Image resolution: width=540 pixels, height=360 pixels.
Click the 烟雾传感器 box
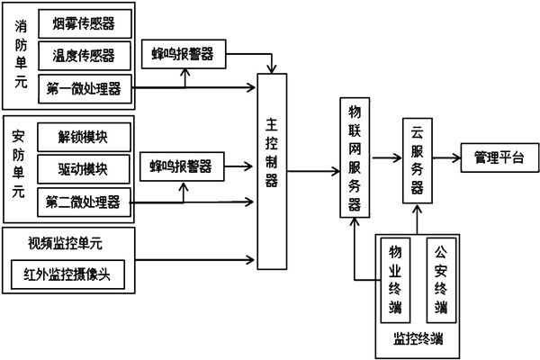[85, 21]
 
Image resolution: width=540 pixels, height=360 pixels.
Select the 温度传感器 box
[85, 55]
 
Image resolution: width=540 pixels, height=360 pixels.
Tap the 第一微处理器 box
[85, 87]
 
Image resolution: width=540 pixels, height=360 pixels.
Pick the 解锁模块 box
[85, 138]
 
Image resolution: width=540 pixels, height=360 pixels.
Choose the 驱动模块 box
[85, 167]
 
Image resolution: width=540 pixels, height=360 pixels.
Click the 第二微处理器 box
[85, 199]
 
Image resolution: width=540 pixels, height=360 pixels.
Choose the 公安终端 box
[441, 278]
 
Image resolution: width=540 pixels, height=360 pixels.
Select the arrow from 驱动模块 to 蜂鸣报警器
[139, 167]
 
